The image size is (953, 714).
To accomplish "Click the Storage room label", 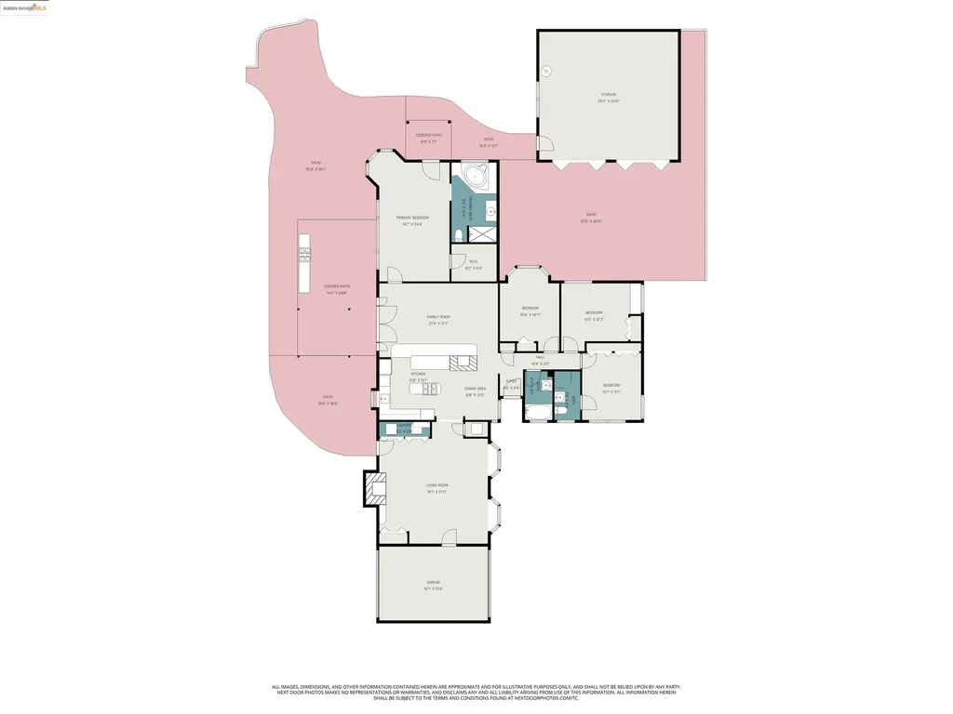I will [608, 95].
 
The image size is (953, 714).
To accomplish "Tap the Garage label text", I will [433, 583].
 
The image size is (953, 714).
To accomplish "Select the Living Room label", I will [436, 485].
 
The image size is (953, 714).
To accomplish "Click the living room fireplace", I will [374, 488].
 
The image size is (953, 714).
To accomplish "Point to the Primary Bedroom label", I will [412, 218].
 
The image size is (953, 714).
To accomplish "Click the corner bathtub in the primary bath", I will [474, 177].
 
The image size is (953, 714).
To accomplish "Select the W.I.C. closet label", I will [473, 261].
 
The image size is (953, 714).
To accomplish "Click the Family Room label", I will [438, 317].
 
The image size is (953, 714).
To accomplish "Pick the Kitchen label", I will [418, 374].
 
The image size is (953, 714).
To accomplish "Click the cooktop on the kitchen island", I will [461, 363].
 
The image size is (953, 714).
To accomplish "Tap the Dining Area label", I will [476, 389].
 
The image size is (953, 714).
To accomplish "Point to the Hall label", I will [540, 357].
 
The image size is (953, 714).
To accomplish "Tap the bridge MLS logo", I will [25, 7].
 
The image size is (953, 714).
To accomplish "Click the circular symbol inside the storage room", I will [547, 72].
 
